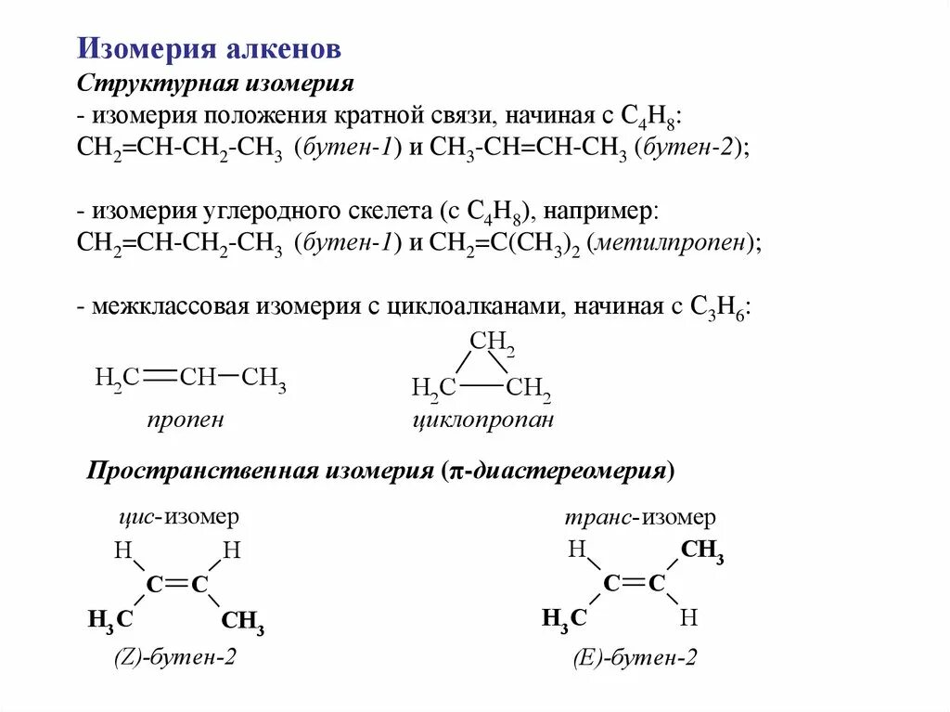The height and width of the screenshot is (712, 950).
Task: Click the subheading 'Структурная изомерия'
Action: [216, 84]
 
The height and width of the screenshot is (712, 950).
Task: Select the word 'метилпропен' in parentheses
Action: [675, 244]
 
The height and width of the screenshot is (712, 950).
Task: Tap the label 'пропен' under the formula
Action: [185, 420]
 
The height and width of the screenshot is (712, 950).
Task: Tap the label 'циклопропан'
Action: [482, 420]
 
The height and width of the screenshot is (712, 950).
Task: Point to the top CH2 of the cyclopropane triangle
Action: [492, 342]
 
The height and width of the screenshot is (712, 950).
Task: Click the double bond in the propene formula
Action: [160, 377]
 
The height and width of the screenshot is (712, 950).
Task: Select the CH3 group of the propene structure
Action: [263, 379]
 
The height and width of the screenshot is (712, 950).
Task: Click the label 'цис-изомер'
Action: [179, 517]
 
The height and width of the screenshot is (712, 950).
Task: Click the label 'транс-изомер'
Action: [641, 517]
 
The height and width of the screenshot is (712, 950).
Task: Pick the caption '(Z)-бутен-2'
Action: [175, 657]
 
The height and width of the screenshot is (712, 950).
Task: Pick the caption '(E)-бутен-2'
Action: [635, 658]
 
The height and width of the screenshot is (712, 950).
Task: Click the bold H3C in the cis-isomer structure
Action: [110, 619]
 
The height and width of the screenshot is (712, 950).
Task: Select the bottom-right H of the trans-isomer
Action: [687, 616]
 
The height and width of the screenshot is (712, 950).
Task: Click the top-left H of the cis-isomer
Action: [122, 550]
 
